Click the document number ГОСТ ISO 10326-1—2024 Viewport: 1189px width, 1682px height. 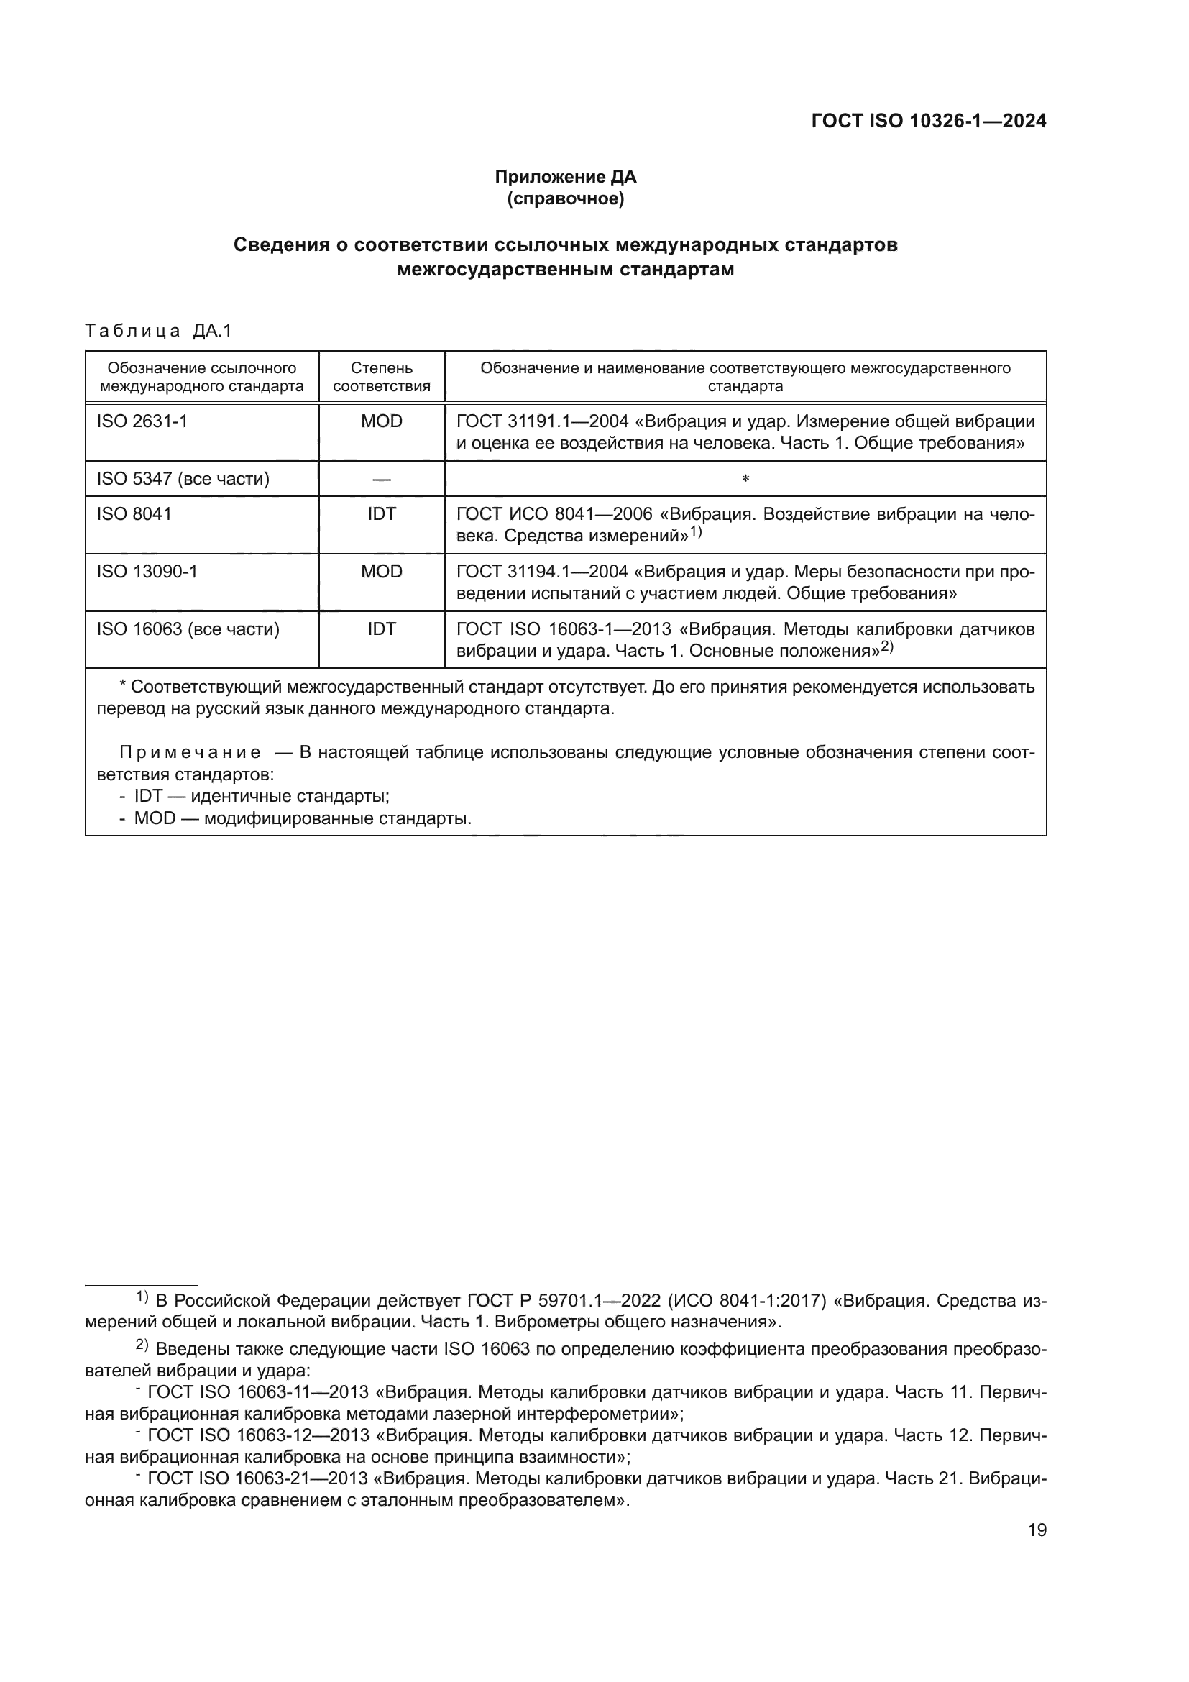(928, 122)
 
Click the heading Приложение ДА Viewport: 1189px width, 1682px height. (565, 177)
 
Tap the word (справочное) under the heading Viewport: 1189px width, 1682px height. (565, 198)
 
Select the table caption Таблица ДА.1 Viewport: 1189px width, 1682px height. (158, 331)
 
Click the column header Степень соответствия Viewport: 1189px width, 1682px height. (382, 378)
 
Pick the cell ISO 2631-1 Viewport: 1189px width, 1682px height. (142, 421)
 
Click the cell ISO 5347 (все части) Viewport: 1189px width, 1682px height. (183, 479)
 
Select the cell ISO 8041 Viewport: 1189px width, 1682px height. (134, 514)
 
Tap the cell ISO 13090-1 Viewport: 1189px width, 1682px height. (147, 572)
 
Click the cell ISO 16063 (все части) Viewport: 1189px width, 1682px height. (188, 629)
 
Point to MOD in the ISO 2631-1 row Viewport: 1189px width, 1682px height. (382, 421)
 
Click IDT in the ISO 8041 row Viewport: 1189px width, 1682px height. (382, 514)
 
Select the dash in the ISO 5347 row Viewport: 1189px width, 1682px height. (382, 479)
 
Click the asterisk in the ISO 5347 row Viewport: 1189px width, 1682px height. (745, 480)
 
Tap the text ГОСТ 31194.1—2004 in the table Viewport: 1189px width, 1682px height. (541, 572)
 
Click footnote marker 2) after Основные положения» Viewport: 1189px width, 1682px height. (886, 647)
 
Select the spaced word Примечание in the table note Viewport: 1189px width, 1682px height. (190, 753)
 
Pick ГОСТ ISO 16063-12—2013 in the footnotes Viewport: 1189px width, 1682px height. (258, 1435)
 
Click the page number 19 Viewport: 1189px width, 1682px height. (1037, 1530)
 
